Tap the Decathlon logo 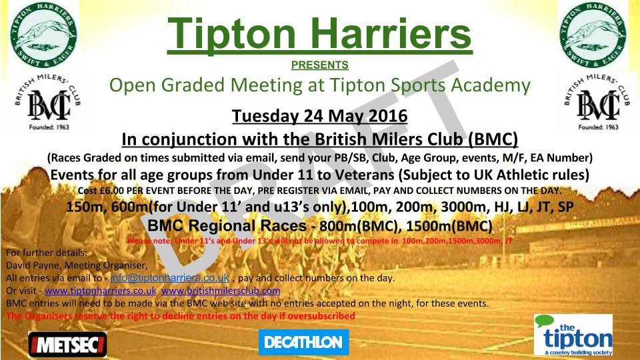click(x=303, y=343)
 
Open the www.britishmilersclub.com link click(x=221, y=291)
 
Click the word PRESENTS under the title click(x=320, y=65)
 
